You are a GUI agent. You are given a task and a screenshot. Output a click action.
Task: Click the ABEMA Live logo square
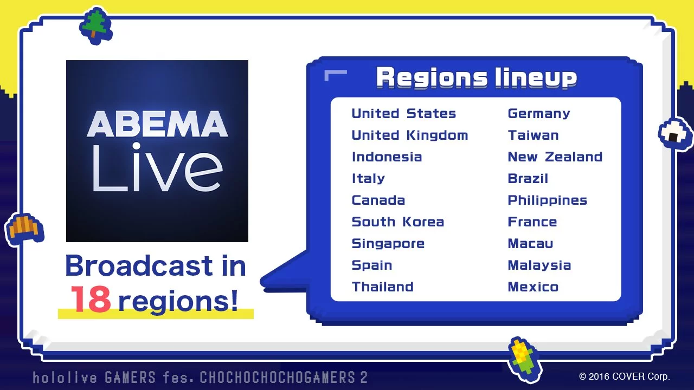pos(157,151)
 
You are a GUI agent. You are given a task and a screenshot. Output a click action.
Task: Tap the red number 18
pos(91,300)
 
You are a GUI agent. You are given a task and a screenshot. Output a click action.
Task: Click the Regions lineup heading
pos(477,77)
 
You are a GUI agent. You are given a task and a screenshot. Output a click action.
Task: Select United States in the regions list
pos(404,114)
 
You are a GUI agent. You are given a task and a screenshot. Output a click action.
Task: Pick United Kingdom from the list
pos(410,135)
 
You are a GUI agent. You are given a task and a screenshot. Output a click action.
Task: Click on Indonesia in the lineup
pos(387,157)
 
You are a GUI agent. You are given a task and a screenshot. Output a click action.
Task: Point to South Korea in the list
pos(398,222)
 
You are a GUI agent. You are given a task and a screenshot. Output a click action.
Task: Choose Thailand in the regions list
pos(383,287)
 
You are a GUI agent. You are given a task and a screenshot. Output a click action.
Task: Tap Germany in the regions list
pos(539,114)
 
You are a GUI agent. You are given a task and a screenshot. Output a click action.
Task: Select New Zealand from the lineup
pos(555,157)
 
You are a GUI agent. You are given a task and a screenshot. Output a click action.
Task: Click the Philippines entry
pos(548,201)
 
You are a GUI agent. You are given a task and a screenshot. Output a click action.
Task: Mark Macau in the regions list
pos(530,244)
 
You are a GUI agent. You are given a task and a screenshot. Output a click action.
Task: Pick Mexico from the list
pos(533,287)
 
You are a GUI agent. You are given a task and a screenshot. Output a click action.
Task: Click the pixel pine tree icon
pos(96,25)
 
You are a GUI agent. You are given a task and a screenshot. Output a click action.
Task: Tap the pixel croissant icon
pos(24,229)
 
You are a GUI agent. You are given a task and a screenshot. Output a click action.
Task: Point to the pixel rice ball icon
pos(675,134)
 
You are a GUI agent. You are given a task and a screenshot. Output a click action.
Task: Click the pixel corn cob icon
pos(525,359)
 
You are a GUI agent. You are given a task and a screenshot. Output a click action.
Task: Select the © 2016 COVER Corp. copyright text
pos(624,376)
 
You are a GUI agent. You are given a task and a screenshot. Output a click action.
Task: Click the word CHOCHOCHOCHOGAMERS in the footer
pos(277,378)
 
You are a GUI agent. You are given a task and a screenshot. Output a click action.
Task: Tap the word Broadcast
pos(139,265)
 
